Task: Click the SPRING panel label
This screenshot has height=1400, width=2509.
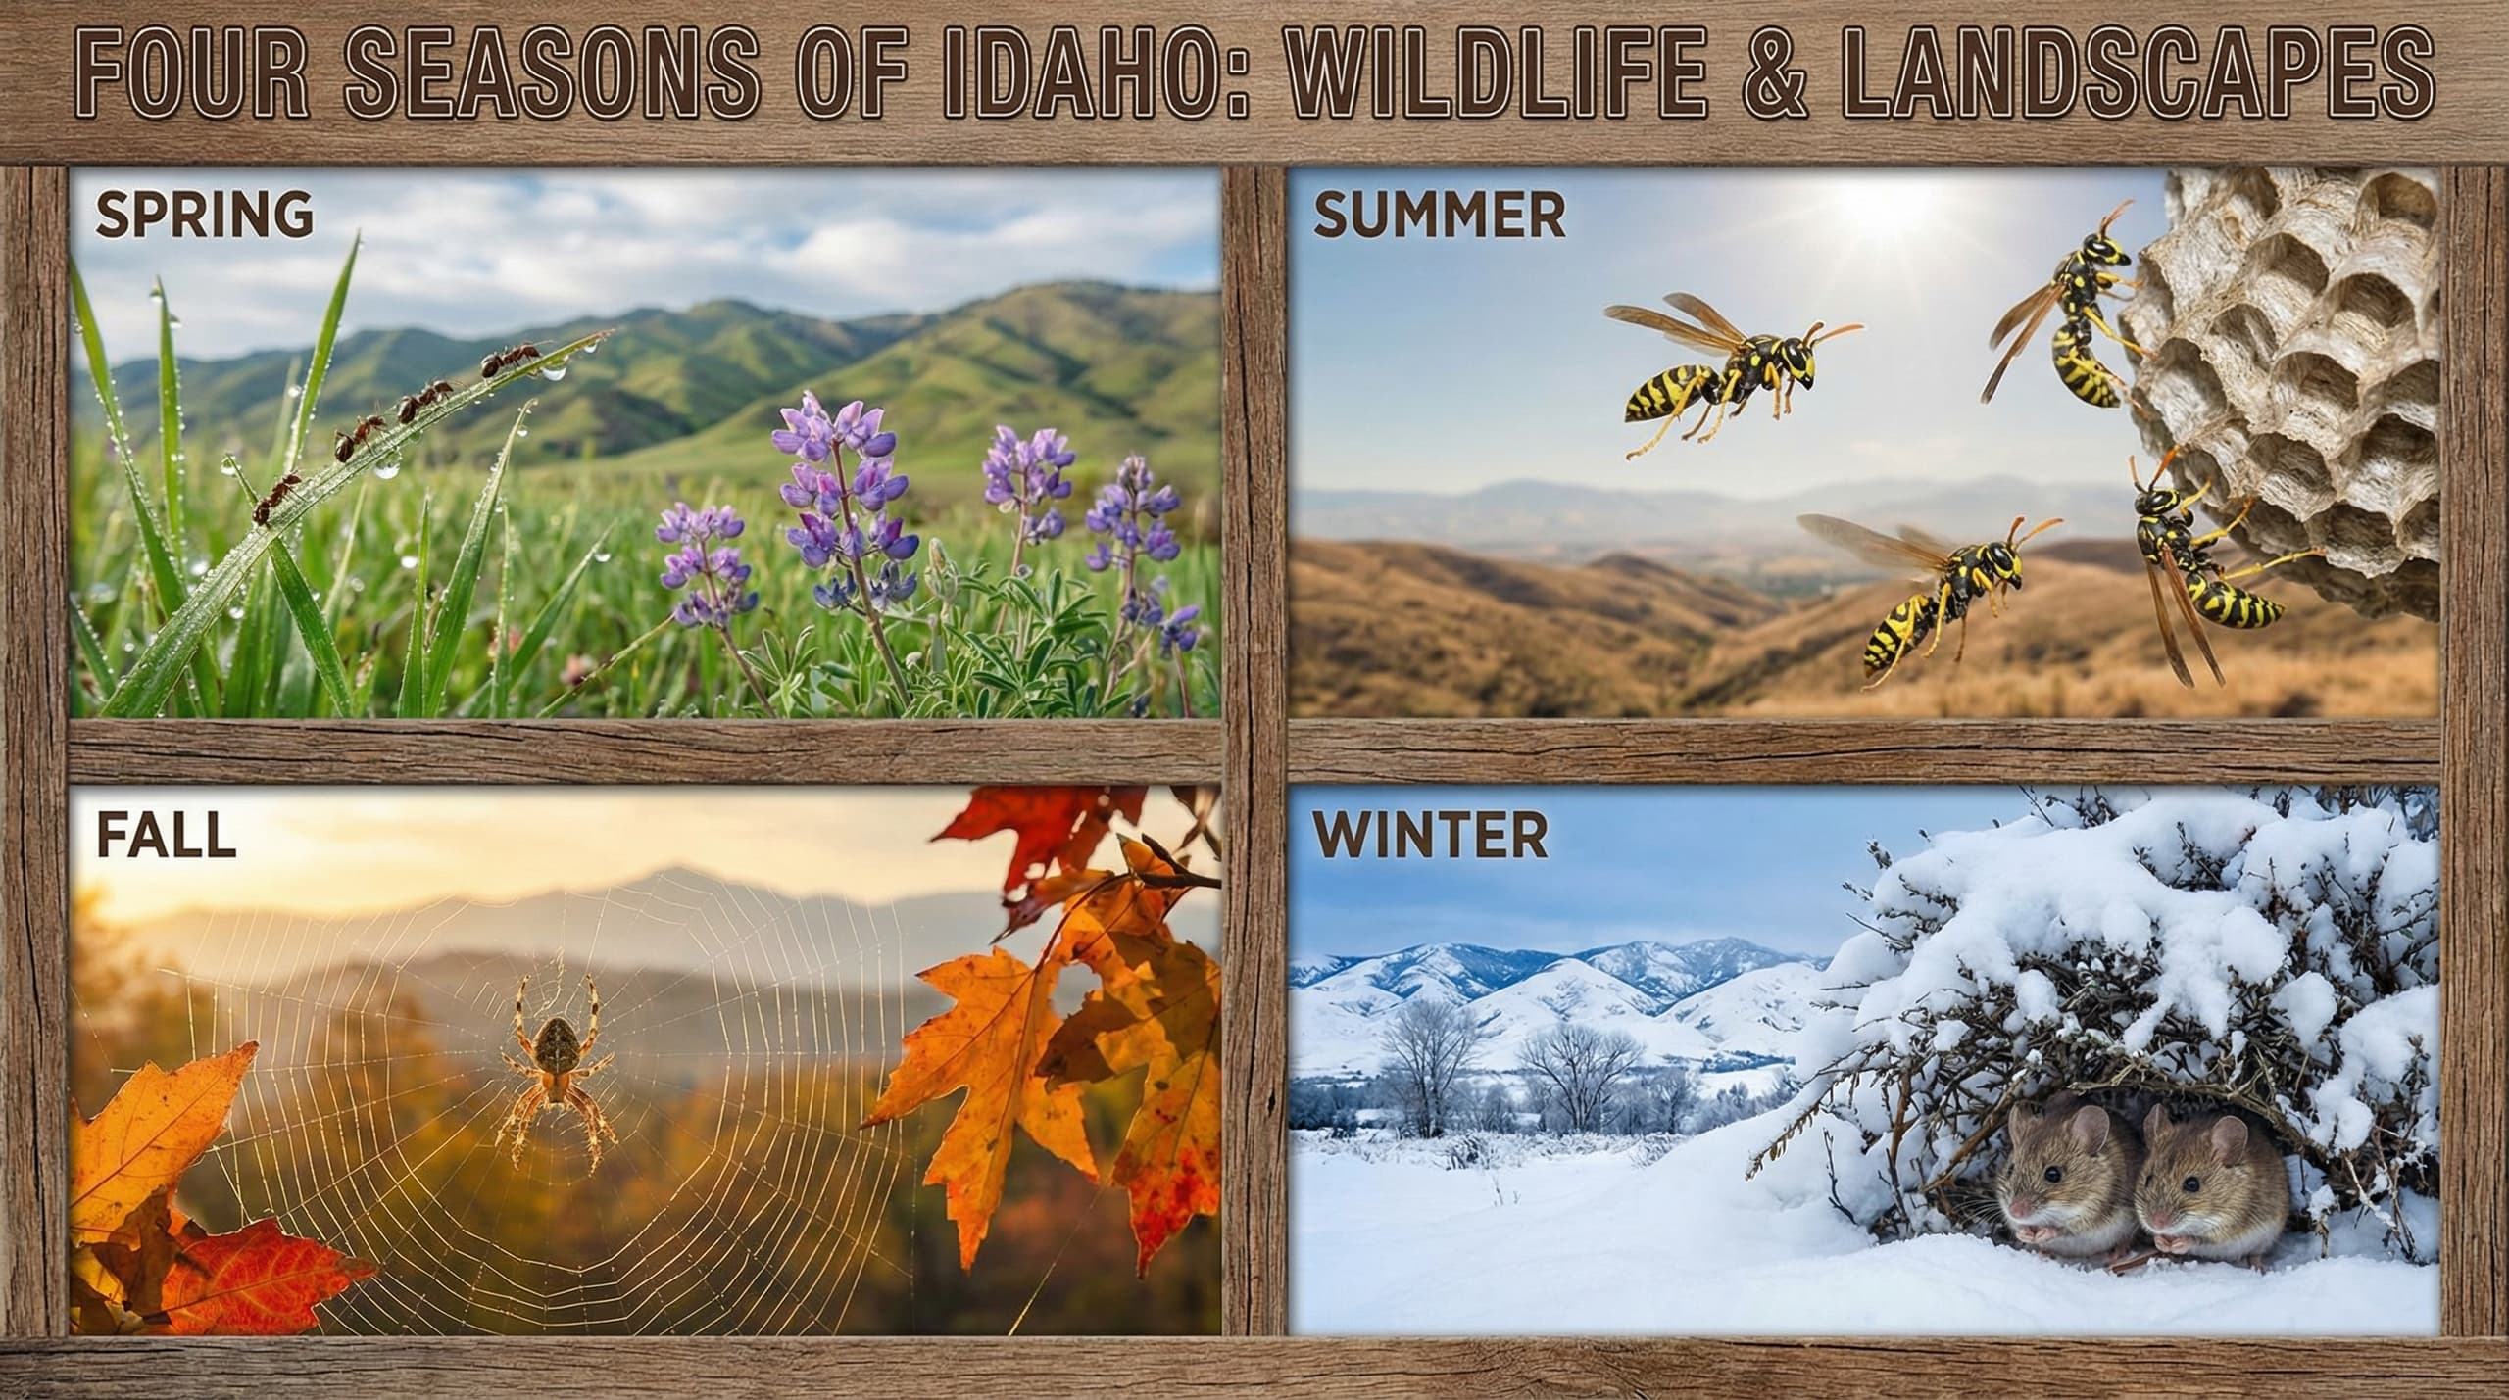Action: tap(204, 215)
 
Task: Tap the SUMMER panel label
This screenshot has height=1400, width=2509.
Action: tap(1438, 217)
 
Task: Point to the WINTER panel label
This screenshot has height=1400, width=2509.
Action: tap(1430, 836)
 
